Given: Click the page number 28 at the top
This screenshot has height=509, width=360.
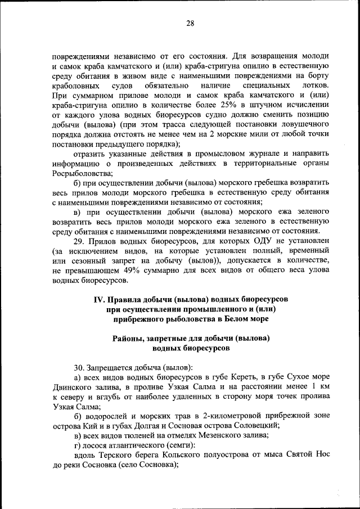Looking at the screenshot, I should pyautogui.click(x=190, y=23).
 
